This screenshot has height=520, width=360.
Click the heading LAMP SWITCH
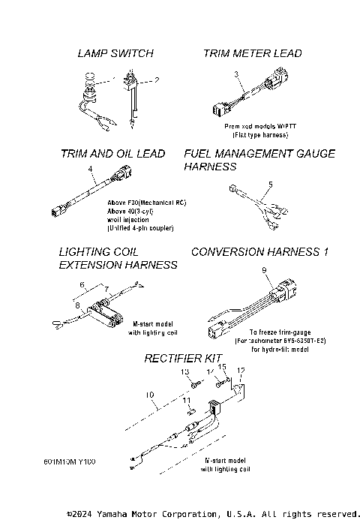click(x=115, y=53)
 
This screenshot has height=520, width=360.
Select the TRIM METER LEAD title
click(x=253, y=53)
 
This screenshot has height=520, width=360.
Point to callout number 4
click(x=90, y=170)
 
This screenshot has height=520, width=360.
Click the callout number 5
click(x=271, y=183)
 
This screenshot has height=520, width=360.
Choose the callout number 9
click(x=264, y=269)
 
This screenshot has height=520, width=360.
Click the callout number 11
click(x=187, y=401)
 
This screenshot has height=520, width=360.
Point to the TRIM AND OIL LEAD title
click(x=112, y=154)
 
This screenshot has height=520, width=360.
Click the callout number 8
click(x=76, y=305)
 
